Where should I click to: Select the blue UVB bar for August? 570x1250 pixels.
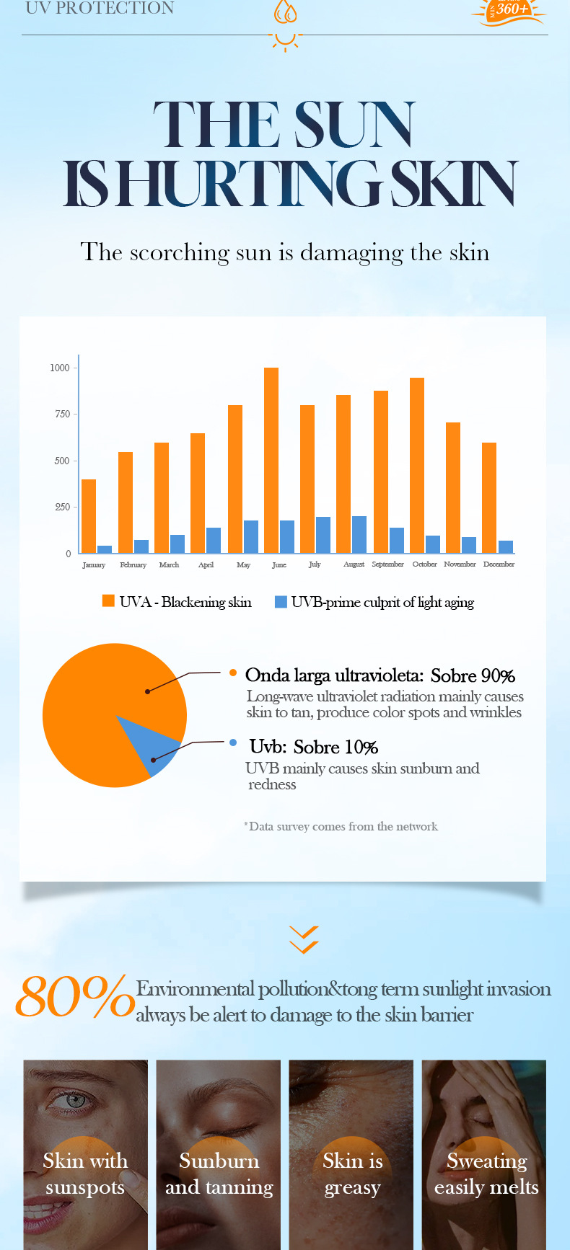(x=359, y=534)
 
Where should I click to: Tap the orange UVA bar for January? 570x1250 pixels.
(x=89, y=516)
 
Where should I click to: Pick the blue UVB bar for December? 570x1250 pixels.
(x=506, y=546)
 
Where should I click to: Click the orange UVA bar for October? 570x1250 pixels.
(x=417, y=465)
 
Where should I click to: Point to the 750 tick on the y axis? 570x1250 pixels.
(x=62, y=415)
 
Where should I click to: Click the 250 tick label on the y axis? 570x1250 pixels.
(x=62, y=507)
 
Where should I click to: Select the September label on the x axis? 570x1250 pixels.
(x=387, y=564)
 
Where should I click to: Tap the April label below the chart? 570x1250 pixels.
(x=206, y=565)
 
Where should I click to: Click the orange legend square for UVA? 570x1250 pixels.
(x=108, y=601)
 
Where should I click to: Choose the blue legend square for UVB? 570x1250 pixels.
(x=281, y=601)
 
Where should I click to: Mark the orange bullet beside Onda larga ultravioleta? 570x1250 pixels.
(x=232, y=673)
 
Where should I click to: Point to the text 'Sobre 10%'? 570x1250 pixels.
(x=336, y=747)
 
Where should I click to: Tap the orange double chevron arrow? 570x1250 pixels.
(x=304, y=939)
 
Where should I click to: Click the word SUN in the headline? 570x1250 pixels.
(x=354, y=125)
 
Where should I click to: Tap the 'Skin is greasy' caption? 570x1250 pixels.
(x=353, y=1174)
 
